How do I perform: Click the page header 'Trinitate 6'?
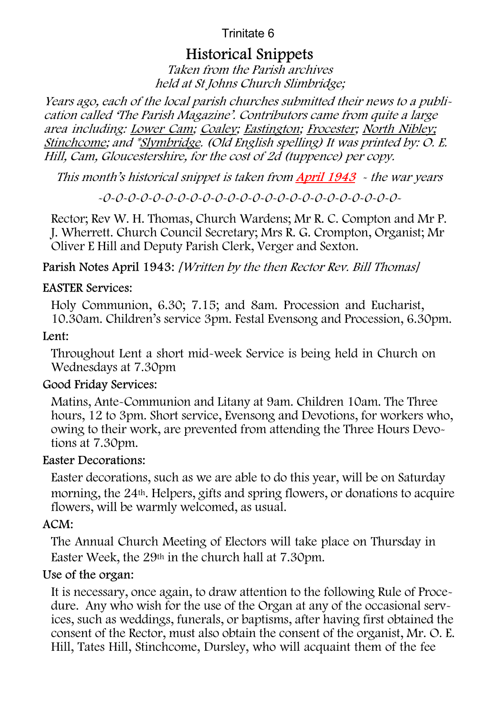tap(248, 34)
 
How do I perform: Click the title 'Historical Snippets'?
tap(249, 54)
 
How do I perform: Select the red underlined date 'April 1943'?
tap(326, 177)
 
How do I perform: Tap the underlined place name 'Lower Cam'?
tap(162, 129)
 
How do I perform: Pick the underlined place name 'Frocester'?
tap(331, 129)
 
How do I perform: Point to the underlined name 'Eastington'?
tap(272, 129)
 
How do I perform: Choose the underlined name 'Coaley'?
tap(218, 129)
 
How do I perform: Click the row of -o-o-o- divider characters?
tap(249, 198)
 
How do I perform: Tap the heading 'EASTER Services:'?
tap(87, 288)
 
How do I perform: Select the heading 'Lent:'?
tap(56, 336)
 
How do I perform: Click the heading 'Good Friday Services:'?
tap(100, 385)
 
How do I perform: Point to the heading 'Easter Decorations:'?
tap(94, 461)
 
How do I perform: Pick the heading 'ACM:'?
tap(58, 524)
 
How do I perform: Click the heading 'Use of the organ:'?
tap(88, 575)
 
